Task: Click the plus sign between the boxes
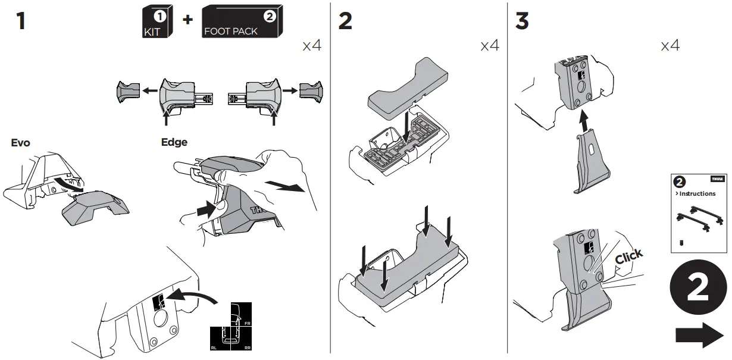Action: coord(187,20)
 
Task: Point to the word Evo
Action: coord(21,143)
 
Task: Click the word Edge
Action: coord(174,142)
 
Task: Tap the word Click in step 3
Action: coord(629,256)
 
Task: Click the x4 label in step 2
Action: coord(490,45)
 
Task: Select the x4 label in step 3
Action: coord(670,45)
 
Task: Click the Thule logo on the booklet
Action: coord(717,179)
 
